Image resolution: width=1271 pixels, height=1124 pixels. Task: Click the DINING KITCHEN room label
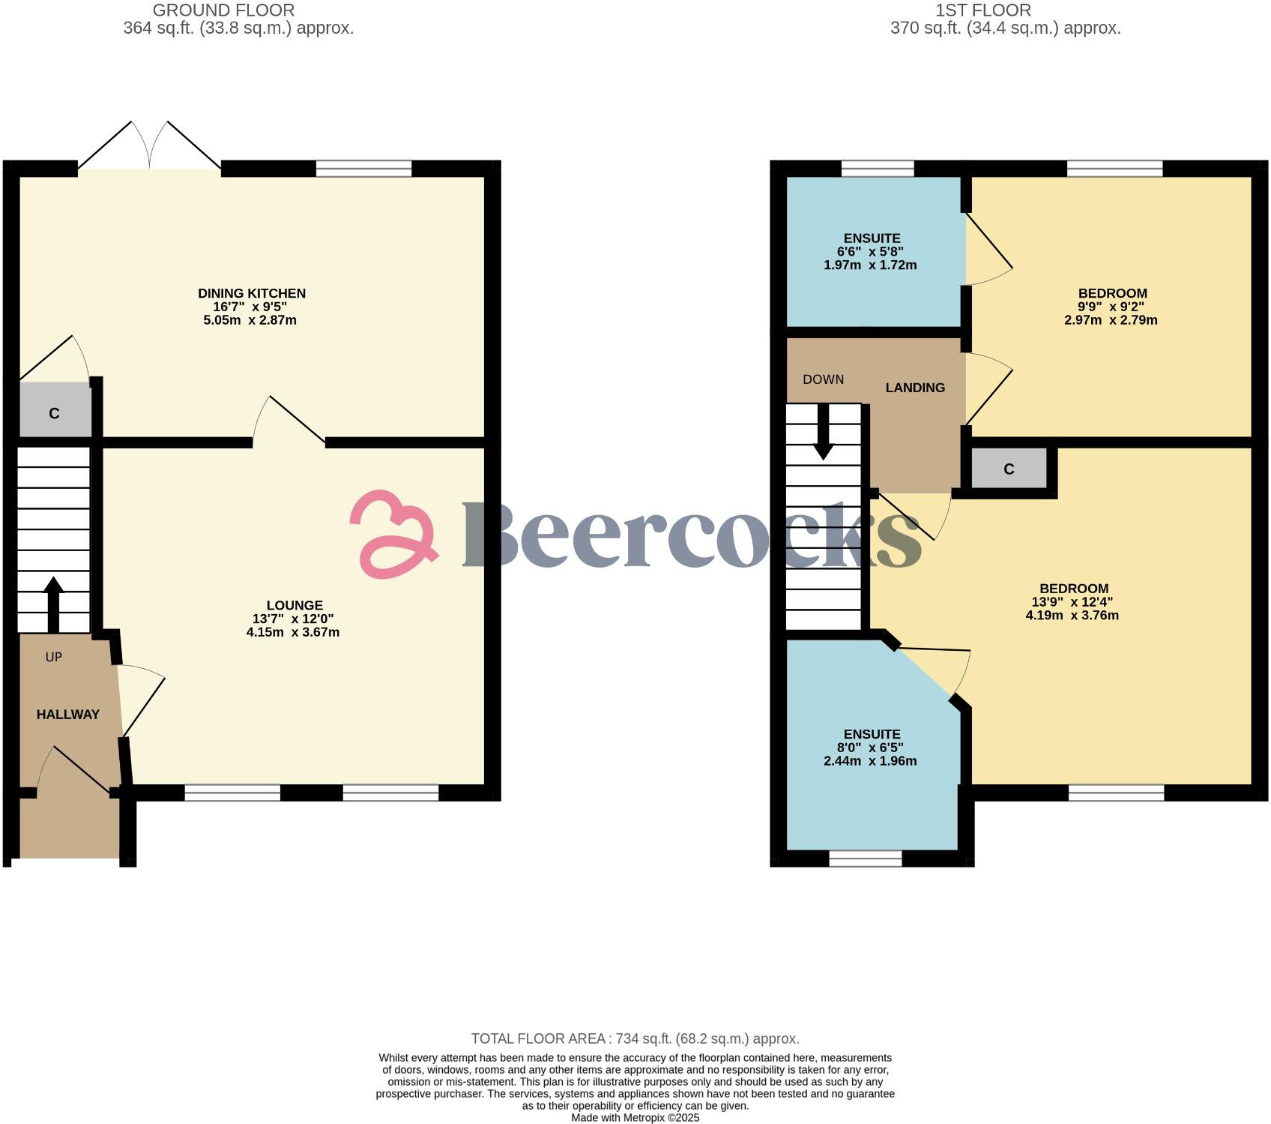point(252,293)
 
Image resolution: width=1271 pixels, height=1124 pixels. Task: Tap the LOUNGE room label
point(295,605)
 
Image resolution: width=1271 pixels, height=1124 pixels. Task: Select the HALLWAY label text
point(68,715)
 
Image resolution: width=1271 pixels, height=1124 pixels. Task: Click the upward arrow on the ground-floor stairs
point(53,604)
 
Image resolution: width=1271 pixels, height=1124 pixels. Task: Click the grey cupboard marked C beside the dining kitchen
point(55,412)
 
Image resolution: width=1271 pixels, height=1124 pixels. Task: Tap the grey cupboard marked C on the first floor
point(1009,469)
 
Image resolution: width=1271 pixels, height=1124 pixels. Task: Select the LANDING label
point(915,388)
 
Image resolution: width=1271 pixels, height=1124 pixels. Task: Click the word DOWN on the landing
point(823,379)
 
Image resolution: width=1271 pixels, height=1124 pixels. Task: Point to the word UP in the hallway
point(53,657)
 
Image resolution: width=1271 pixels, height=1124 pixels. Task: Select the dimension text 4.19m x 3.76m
point(1072,616)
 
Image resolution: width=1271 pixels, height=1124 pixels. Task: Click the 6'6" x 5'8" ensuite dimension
point(870,252)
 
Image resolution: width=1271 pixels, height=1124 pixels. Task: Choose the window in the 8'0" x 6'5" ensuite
point(866,858)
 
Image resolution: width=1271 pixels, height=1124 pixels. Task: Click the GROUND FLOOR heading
point(223,10)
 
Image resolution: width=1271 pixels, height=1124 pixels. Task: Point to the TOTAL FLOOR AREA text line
point(635,1039)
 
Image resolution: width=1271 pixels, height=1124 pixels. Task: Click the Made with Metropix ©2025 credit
point(635,1117)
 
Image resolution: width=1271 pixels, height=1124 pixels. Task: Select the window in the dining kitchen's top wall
point(363,169)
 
